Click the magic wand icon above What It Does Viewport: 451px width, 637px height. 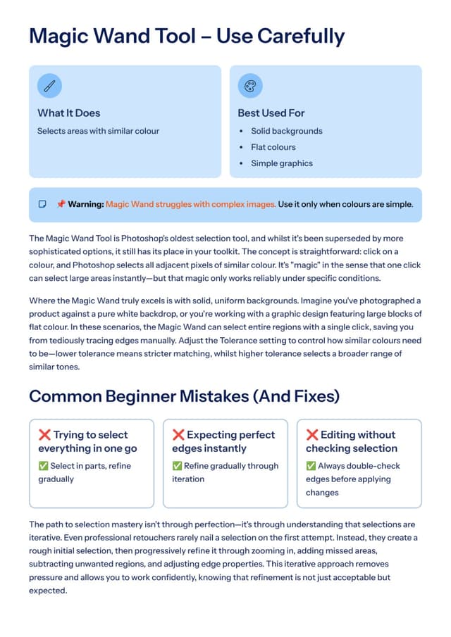[49, 87]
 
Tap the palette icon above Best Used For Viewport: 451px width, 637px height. [249, 87]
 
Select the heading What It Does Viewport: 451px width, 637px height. [69, 113]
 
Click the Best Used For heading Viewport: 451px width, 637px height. [271, 113]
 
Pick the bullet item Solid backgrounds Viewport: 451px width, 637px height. [286, 131]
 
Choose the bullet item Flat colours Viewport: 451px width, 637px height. [273, 147]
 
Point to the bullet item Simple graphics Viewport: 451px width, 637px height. [281, 163]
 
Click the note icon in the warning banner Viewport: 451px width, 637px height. [42, 204]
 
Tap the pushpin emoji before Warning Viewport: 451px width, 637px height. [61, 204]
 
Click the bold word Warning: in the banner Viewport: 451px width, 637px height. [86, 204]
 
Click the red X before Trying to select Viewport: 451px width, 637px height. [44, 435]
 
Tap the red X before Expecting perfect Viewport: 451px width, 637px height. [178, 435]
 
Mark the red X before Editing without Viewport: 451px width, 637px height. [312, 435]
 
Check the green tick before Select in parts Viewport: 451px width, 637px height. [44, 466]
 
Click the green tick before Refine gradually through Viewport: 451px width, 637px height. [178, 466]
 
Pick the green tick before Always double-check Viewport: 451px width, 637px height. [311, 466]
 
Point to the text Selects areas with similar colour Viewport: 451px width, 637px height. [98, 131]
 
